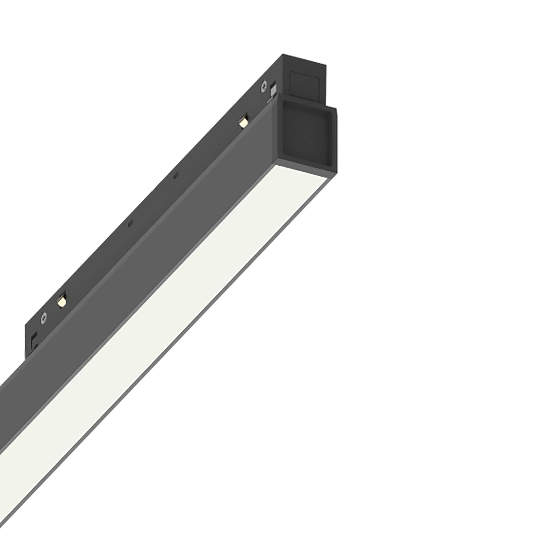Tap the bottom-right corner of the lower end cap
click(x=337, y=173)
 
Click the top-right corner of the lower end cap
click(x=336, y=108)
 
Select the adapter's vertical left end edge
click(x=26, y=341)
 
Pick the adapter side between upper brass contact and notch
click(x=208, y=149)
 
